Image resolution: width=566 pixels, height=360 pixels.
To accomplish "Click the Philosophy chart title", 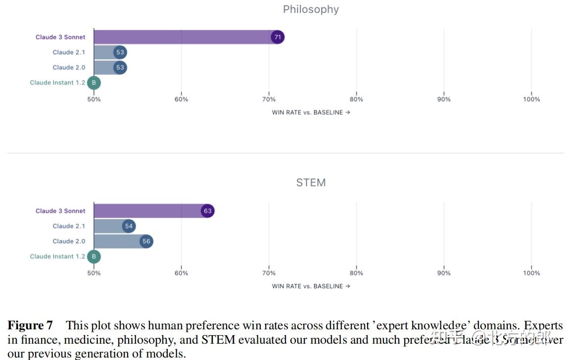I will tap(311, 9).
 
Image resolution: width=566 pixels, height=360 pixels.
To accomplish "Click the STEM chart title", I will tap(311, 183).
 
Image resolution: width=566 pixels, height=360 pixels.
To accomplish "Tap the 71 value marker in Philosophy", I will tap(278, 37).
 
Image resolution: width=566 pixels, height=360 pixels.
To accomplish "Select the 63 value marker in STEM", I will tap(207, 211).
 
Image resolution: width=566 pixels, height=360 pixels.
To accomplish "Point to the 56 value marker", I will tap(146, 241).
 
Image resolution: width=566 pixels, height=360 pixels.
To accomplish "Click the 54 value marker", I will tap(129, 226).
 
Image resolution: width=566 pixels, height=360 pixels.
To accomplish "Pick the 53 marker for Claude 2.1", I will tap(120, 52).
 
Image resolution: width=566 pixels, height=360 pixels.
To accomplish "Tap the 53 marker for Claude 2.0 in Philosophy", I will tap(120, 68).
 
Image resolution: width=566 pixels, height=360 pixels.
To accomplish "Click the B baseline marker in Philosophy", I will tap(94, 83).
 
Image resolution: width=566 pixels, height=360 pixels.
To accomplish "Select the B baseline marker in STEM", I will tap(94, 257).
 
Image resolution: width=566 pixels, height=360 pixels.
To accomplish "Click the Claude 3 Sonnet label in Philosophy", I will tap(60, 37).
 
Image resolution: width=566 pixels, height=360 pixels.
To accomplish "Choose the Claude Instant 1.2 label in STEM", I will tap(57, 257).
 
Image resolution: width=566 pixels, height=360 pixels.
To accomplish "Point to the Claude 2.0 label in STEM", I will tap(69, 241).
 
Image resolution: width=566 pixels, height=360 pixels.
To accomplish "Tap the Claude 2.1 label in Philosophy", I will tap(69, 52).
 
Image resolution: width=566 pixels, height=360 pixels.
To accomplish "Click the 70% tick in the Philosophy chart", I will tap(269, 99).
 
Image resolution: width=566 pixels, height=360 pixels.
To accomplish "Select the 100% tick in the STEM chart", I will tap(531, 273).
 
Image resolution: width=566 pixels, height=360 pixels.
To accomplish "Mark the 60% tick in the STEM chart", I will tap(182, 273).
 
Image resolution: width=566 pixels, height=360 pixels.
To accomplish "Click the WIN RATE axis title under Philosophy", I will tap(311, 113).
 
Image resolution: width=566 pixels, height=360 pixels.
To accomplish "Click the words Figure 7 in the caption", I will tap(30, 326).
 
